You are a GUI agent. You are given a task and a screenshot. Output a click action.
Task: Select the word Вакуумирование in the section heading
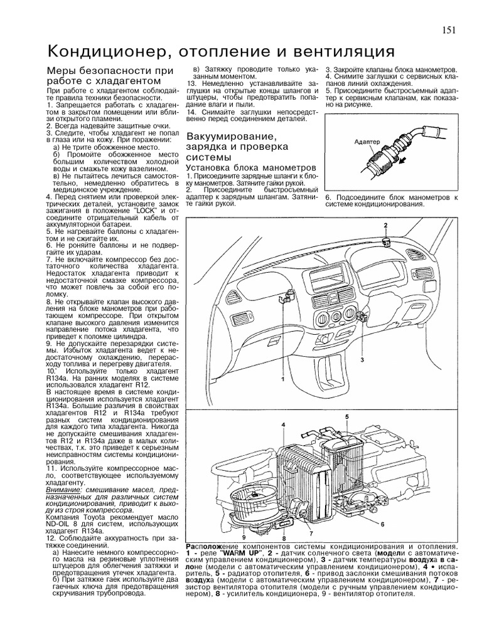tap(232, 136)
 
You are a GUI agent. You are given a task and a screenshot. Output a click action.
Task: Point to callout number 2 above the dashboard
tap(386, 224)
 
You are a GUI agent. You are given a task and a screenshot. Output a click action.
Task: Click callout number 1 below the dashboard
tap(283, 379)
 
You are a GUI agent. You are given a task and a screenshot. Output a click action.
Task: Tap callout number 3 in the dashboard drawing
tap(361, 359)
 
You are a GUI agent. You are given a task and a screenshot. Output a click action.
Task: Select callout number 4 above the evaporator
tap(284, 425)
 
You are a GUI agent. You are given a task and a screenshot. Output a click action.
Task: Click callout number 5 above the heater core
tap(346, 416)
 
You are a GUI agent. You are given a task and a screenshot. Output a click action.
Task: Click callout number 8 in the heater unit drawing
tap(284, 538)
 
